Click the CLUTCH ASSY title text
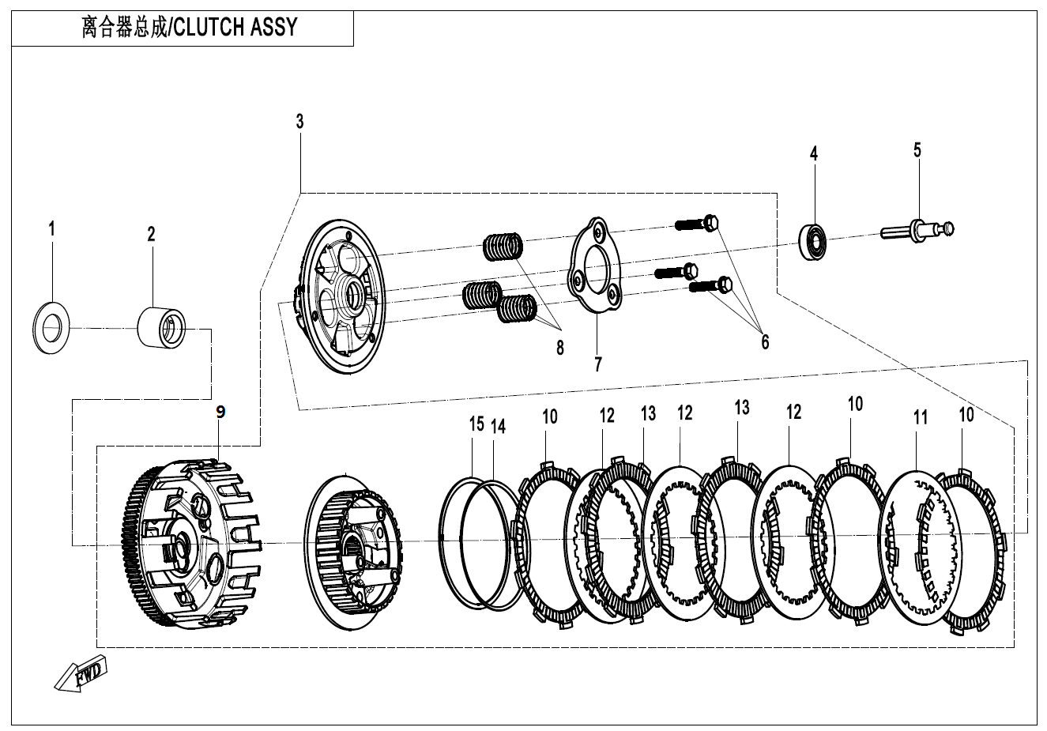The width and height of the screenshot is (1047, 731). pyautogui.click(x=190, y=28)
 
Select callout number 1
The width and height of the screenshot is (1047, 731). pyautogui.click(x=52, y=230)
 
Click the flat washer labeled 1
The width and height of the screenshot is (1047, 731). pyautogui.click(x=51, y=329)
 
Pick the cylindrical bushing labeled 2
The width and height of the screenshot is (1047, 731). pyautogui.click(x=162, y=327)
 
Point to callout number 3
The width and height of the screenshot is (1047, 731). pyautogui.click(x=299, y=122)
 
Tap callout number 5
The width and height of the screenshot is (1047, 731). pyautogui.click(x=917, y=149)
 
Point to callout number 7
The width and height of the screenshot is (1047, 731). pyautogui.click(x=598, y=364)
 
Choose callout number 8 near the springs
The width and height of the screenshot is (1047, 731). pyautogui.click(x=559, y=347)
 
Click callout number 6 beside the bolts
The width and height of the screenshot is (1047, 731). pyautogui.click(x=764, y=341)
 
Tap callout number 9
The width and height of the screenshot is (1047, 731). pyautogui.click(x=220, y=412)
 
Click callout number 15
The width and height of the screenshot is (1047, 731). pyautogui.click(x=476, y=424)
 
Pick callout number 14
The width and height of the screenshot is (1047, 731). pyautogui.click(x=497, y=427)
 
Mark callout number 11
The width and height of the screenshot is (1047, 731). pyautogui.click(x=920, y=417)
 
